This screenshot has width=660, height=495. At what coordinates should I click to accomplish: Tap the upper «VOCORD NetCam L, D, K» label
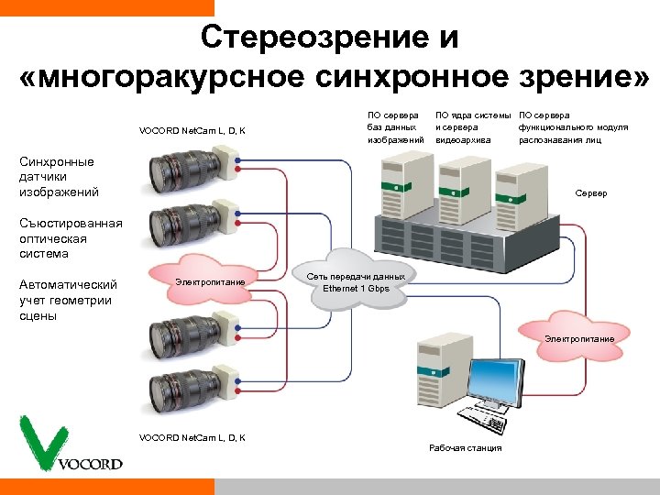pos(192,131)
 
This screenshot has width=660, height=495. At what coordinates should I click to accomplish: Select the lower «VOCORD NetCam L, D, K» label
pos(192,438)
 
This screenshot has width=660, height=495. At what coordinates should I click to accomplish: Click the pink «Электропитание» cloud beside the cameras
pos(211,281)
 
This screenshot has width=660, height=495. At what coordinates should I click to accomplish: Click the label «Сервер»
pos(590,194)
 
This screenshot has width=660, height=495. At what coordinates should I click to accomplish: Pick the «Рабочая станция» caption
pos(465,448)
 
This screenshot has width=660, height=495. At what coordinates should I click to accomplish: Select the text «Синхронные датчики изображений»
pos(58,177)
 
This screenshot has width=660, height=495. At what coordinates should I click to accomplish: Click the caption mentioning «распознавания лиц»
pos(573,127)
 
